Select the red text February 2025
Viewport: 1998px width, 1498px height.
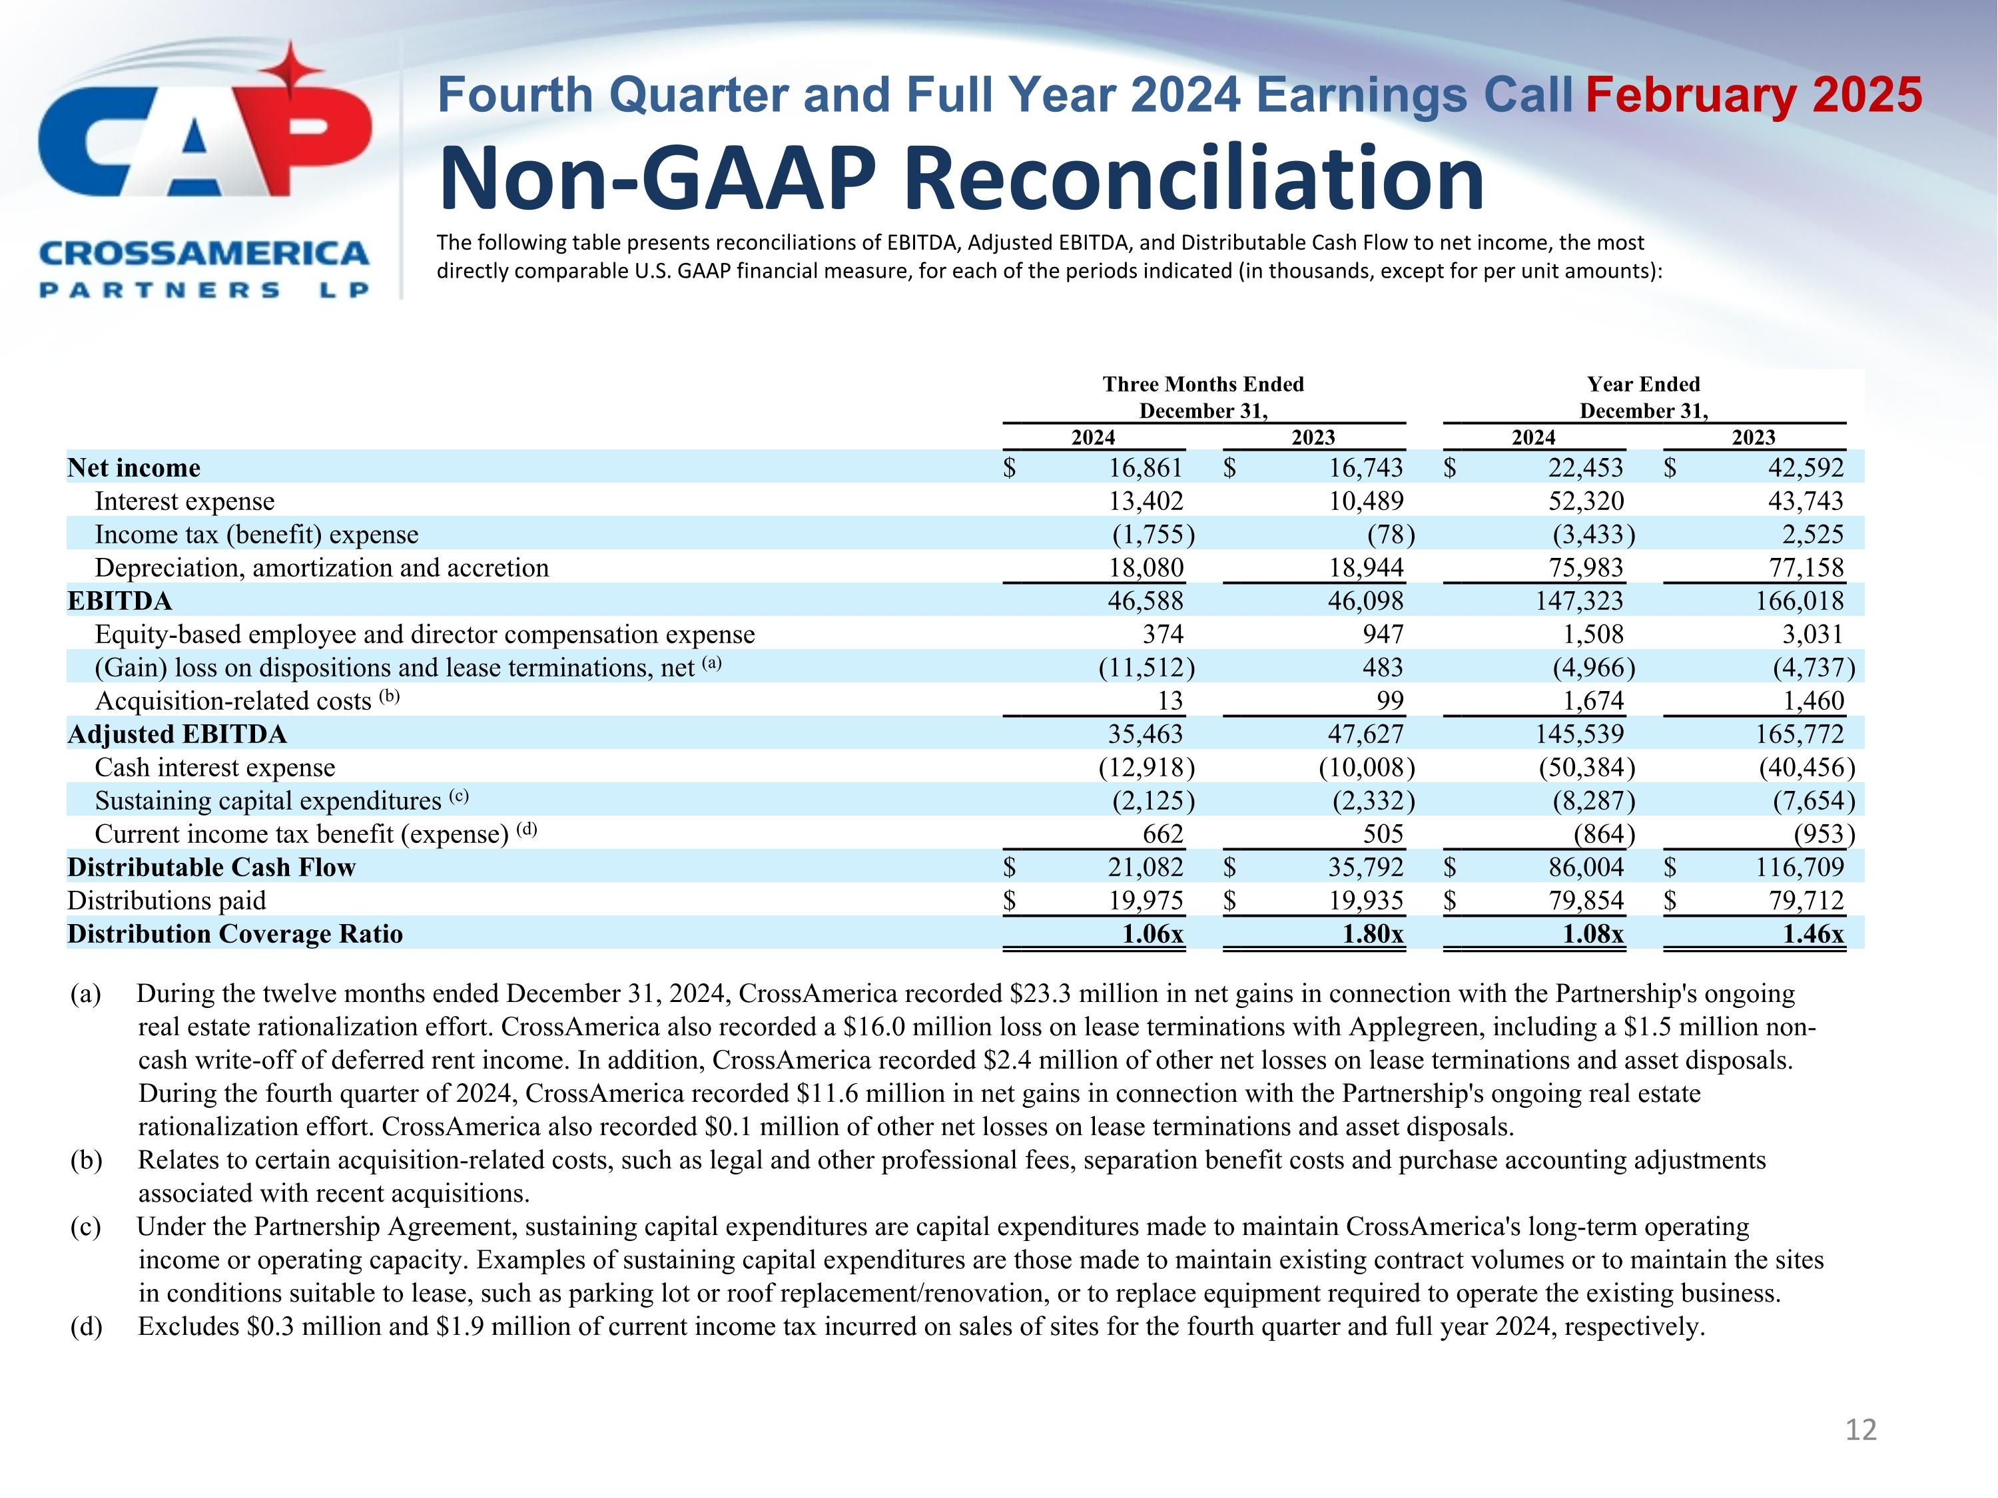1753,96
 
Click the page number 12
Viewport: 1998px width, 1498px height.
1861,1429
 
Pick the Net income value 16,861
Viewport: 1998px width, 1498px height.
1146,468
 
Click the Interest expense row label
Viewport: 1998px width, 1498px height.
184,501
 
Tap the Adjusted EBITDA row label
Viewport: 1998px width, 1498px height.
177,735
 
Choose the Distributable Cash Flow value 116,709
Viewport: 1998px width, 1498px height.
1800,868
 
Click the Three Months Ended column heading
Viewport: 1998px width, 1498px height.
1203,385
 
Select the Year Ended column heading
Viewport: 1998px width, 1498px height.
1643,385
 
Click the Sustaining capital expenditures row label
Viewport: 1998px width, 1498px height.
267,802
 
